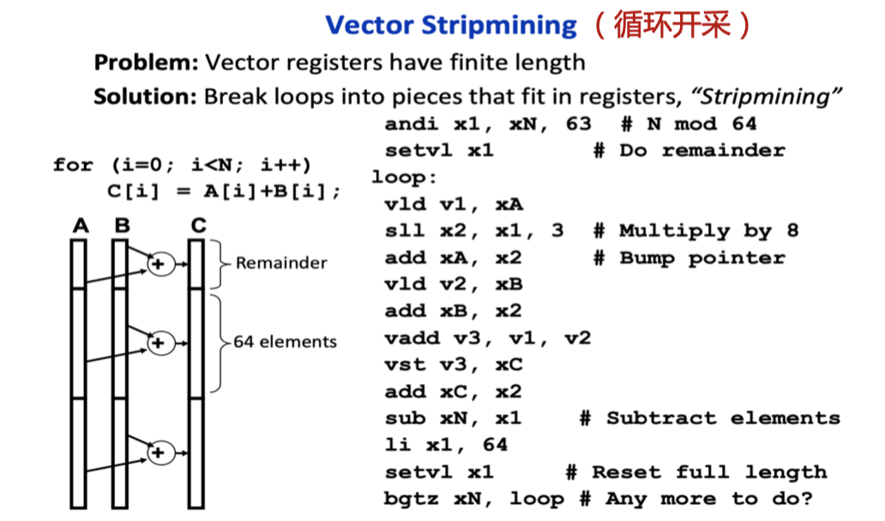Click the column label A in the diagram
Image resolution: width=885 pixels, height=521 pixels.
80,225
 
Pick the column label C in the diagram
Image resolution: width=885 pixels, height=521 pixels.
198,225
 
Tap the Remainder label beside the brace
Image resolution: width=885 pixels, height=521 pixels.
281,263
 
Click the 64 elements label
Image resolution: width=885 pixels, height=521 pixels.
285,342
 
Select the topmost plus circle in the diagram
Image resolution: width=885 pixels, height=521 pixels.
157,265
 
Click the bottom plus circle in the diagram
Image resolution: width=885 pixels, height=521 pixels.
157,453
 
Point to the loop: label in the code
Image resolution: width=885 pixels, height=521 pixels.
404,177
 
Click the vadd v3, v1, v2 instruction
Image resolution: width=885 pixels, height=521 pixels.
487,338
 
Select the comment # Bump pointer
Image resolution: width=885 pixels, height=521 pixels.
689,257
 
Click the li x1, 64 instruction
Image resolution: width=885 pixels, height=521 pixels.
446,445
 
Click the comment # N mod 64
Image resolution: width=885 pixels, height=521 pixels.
689,123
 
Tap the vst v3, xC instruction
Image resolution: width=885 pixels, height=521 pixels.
454,364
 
